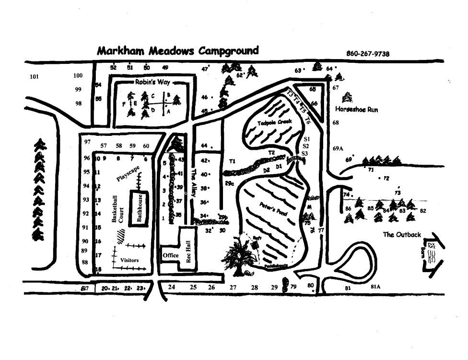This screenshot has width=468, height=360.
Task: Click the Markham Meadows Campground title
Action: pos(177,50)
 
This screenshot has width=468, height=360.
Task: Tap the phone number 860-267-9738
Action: pos(368,54)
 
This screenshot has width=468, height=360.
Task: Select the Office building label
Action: pos(171,255)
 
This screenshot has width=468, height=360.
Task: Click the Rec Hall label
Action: pos(188,250)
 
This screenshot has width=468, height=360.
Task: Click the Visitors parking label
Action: pos(129,260)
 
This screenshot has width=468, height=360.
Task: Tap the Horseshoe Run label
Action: pos(357,109)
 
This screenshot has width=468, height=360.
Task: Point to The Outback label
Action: pos(402,235)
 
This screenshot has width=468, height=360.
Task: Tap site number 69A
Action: pos(338,149)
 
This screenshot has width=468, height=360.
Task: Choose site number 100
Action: pos(78,75)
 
